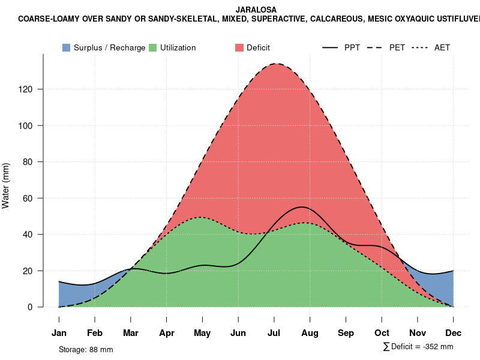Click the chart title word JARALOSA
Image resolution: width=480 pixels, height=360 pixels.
257,10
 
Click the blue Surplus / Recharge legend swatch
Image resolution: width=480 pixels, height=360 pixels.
66,47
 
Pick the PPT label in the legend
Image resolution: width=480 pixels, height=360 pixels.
352,47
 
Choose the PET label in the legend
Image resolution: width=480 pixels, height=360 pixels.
397,47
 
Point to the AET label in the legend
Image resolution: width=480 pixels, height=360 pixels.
442,47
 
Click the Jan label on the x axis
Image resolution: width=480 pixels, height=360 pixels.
59,333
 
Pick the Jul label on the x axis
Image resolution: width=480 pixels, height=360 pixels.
274,333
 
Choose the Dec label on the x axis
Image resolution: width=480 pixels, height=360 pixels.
453,333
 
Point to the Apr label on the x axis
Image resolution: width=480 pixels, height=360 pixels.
167,333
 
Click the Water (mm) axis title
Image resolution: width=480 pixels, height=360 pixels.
6,185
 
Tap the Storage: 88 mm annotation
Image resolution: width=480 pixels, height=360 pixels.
86,349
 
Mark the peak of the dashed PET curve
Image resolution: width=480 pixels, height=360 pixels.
277,64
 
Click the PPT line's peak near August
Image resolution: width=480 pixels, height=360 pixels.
302,207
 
